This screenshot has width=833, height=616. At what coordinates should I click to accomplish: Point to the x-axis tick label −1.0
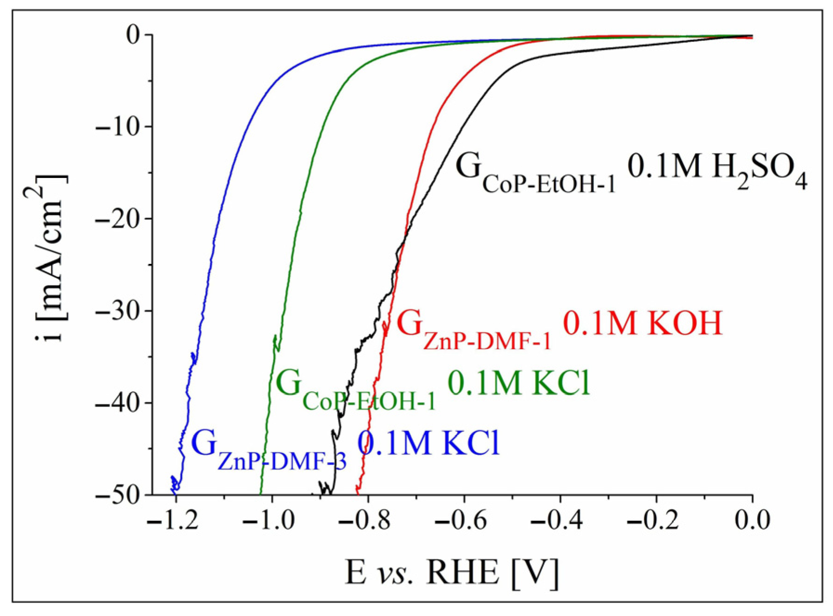pos(268,520)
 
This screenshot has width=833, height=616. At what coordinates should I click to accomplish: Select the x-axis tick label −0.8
pos(364,520)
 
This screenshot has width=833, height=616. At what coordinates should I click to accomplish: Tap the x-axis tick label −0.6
pos(461,520)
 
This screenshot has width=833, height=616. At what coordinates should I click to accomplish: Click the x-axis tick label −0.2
pos(653,520)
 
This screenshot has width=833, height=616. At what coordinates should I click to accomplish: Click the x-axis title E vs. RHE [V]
pos(451,572)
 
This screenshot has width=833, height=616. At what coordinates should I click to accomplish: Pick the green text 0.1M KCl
pos(518,384)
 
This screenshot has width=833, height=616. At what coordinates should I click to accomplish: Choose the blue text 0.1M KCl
pos(428,443)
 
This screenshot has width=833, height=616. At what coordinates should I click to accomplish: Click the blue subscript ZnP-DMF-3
pos(282,462)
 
